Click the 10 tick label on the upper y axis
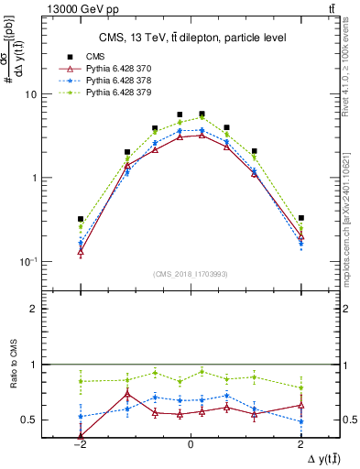[x=54, y=94]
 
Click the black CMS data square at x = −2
[x=81, y=219]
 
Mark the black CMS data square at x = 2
[x=300, y=218]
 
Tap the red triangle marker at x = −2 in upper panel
[x=81, y=250]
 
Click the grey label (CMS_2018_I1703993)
[x=190, y=274]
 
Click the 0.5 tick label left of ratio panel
[x=54, y=420]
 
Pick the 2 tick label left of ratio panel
[x=58, y=310]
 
